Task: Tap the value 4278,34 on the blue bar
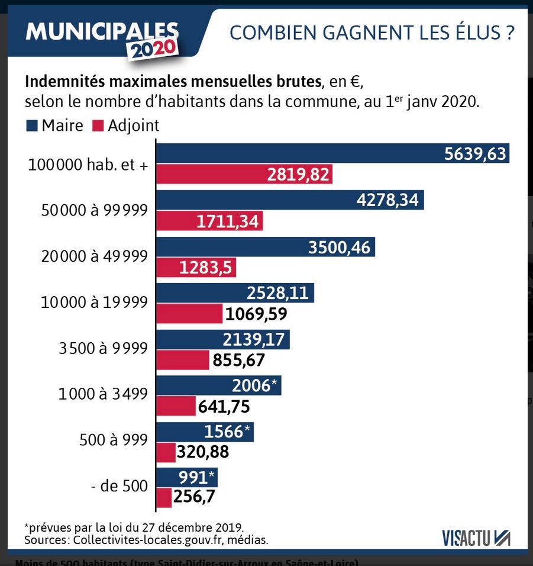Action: (x=387, y=200)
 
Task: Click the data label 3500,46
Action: (x=339, y=246)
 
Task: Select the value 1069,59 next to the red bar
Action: (x=255, y=313)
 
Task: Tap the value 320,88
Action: (x=202, y=452)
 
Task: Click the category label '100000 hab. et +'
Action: (x=88, y=165)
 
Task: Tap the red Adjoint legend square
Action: (x=98, y=126)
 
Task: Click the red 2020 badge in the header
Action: (x=154, y=50)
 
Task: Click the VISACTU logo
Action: (x=476, y=537)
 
